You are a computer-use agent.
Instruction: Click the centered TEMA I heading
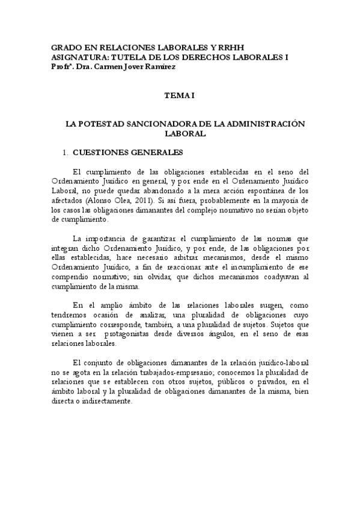point(180,95)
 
